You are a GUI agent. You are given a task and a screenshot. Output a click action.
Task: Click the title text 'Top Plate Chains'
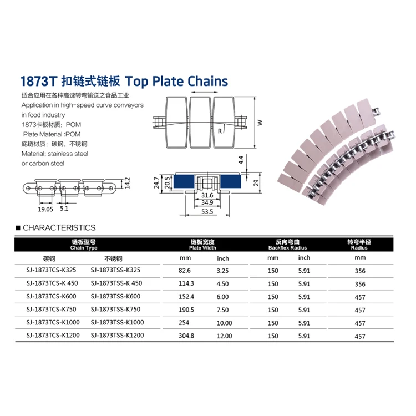177,82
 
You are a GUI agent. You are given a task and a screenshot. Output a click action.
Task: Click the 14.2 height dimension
127,184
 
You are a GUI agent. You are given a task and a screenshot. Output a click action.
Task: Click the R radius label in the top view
220,131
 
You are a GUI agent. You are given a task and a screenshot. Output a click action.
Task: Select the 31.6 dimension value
206,195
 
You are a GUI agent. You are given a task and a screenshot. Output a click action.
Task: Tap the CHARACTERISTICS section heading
59,227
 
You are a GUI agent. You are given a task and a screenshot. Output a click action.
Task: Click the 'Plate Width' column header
202,248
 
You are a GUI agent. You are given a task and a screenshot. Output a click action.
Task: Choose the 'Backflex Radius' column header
287,248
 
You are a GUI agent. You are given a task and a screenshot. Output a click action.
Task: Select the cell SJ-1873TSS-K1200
116,335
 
